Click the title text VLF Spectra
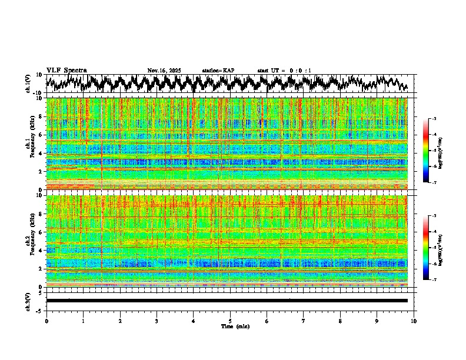66,70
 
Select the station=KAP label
218,71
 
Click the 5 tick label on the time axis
230,321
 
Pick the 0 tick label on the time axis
46,321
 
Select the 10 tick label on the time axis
414,321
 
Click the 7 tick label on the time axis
304,321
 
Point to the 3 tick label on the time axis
157,321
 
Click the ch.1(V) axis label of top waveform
28,84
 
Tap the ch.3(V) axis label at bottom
28,301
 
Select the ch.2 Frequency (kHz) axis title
29,241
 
